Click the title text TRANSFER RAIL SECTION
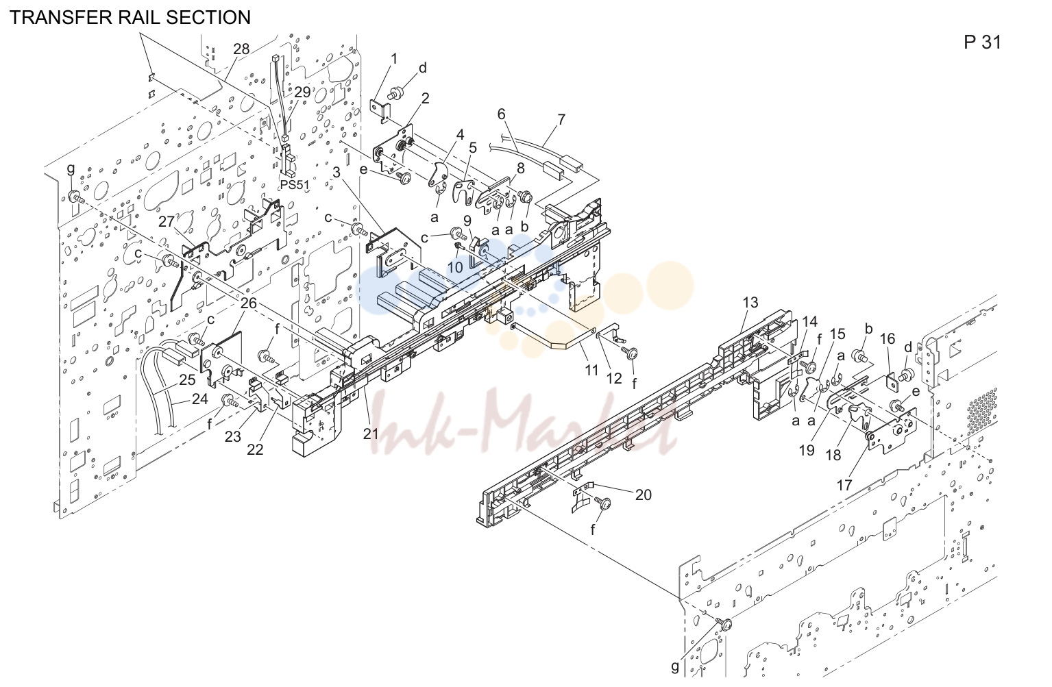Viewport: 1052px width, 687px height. pos(130,18)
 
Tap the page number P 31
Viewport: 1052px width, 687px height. pos(983,42)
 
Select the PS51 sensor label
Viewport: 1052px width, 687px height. pos(295,185)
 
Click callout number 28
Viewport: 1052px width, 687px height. pos(241,49)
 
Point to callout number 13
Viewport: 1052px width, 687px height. pos(750,303)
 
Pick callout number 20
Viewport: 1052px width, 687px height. pos(644,495)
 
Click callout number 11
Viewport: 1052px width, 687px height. pos(591,371)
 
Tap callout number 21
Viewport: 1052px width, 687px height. pos(371,434)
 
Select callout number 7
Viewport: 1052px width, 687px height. pos(562,120)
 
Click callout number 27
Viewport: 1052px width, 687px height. pos(167,221)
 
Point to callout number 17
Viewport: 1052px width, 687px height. pos(844,485)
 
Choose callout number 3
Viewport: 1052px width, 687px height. pos(337,172)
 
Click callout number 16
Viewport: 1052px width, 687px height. pos(887,338)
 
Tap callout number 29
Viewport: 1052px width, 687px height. pos(302,92)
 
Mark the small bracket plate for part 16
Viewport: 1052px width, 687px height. pos(892,382)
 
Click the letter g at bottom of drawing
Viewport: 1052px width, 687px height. pos(675,667)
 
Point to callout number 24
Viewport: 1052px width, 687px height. pos(199,399)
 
